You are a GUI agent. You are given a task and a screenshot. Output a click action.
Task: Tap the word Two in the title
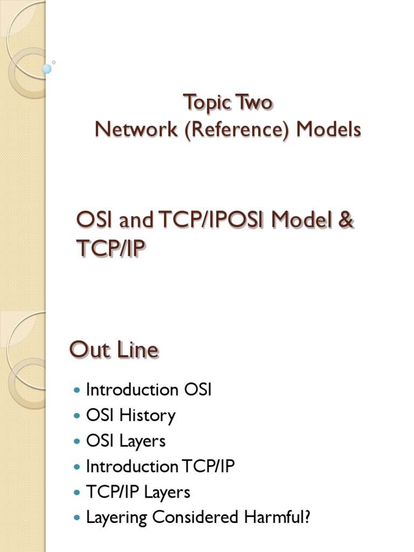click(x=252, y=102)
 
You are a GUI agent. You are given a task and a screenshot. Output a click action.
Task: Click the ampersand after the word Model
click(x=347, y=220)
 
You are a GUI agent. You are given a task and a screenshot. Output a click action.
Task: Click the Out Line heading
click(x=114, y=350)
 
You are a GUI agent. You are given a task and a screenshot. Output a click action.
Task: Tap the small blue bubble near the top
click(x=47, y=69)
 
